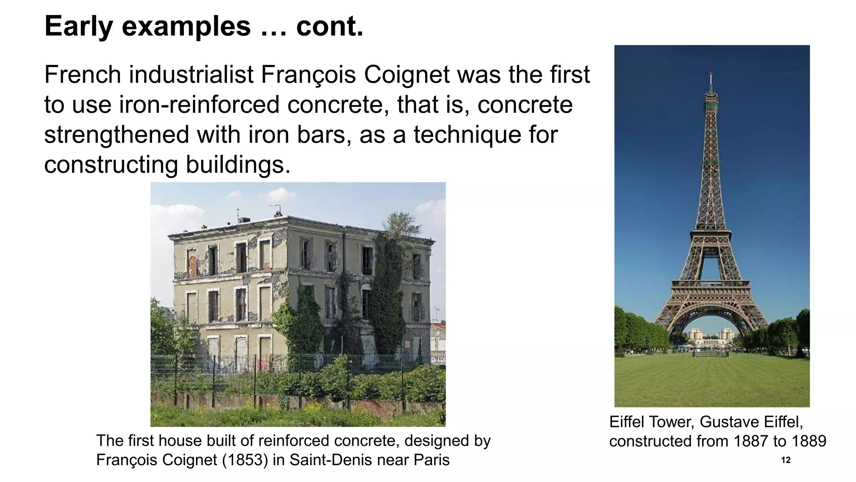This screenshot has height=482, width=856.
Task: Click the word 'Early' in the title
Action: pyautogui.click(x=79, y=26)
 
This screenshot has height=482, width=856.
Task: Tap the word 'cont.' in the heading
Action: pyautogui.click(x=329, y=26)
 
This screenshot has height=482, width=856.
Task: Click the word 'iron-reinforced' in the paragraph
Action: pyautogui.click(x=199, y=105)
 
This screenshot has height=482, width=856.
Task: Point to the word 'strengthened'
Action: pyautogui.click(x=117, y=135)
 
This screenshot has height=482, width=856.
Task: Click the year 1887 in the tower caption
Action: pyautogui.click(x=751, y=441)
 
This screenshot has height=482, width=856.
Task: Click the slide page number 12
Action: pyautogui.click(x=786, y=460)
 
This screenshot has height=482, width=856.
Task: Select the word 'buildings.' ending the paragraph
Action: pyautogui.click(x=238, y=165)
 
